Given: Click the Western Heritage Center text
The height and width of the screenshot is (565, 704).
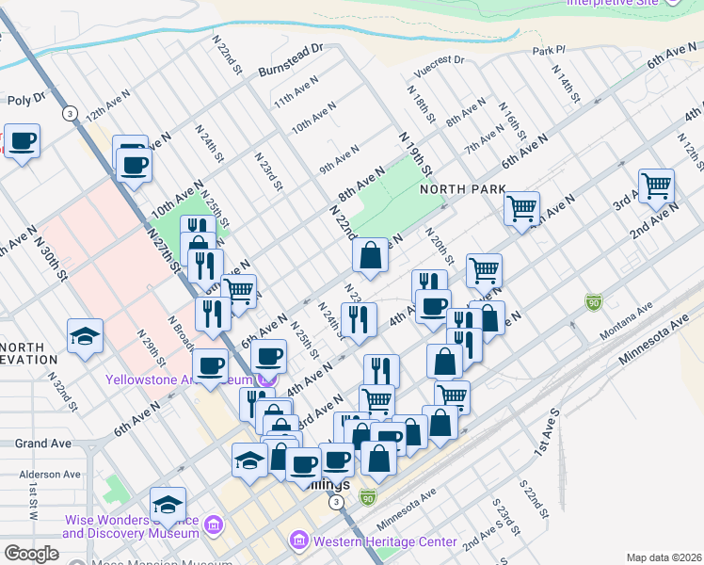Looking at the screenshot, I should tap(384, 541).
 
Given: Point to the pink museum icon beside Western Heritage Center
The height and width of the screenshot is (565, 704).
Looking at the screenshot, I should tap(299, 541).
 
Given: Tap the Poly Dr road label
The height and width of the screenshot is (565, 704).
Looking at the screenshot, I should tap(26, 98).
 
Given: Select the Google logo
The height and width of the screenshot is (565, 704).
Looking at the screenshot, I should tap(31, 553).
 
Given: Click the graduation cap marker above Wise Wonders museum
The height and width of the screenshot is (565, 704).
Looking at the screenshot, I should tap(168, 504).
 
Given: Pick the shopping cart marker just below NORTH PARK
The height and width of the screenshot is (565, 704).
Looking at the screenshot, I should tap(520, 208).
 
